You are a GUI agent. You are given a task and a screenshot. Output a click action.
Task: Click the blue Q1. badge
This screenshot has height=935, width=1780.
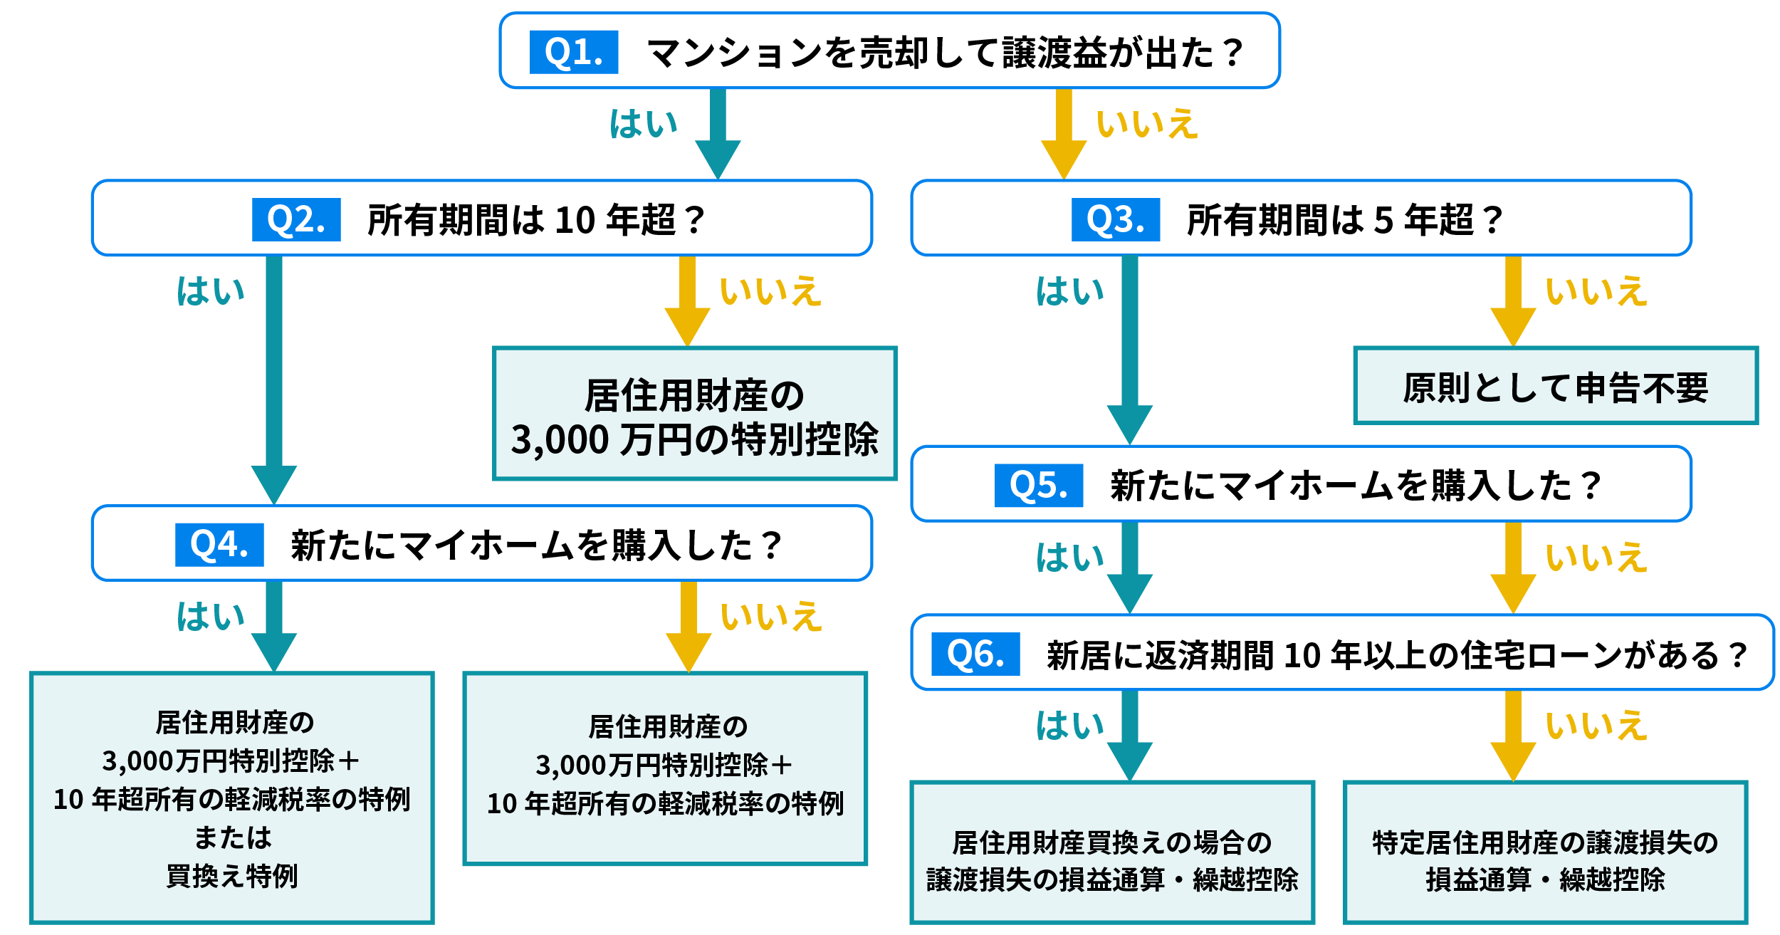point(573,52)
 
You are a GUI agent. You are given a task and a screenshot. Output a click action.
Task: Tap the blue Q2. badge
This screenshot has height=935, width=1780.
point(296,219)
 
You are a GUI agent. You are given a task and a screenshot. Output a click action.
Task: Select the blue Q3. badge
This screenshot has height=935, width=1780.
point(1116,219)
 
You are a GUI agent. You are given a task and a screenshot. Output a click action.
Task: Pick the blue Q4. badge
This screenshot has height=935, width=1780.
point(219,545)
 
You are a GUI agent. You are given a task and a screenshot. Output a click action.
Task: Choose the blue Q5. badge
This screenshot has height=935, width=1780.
point(1038,486)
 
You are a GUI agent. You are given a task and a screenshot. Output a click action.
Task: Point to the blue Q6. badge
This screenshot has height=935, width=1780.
point(975,654)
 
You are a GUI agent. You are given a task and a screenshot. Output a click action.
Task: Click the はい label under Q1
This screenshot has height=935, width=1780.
point(643,124)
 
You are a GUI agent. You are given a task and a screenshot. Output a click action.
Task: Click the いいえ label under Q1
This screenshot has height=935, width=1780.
point(1147,124)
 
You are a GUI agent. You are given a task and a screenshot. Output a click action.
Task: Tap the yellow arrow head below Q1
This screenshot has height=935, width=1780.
point(1064,158)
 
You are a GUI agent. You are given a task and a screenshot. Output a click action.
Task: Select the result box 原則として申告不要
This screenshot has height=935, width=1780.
point(1556,386)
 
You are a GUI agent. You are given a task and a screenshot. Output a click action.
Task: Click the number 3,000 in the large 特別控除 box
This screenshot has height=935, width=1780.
point(560,439)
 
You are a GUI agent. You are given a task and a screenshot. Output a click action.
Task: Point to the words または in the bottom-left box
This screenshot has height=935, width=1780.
point(233,837)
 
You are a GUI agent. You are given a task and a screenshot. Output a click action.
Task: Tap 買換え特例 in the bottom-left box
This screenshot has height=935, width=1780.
point(231,875)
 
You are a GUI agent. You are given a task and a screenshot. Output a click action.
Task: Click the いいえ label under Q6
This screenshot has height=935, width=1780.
point(1596,726)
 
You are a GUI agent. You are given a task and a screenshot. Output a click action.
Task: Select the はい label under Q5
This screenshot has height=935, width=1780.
point(1069,558)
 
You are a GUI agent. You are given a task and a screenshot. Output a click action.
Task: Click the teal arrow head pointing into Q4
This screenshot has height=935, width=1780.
point(274,484)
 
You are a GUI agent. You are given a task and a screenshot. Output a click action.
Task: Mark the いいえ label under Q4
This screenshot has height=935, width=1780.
point(771,617)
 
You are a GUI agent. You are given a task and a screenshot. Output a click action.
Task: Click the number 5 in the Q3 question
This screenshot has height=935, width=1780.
point(1383,220)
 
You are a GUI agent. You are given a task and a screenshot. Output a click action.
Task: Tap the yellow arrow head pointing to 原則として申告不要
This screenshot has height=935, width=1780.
point(1513,326)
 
